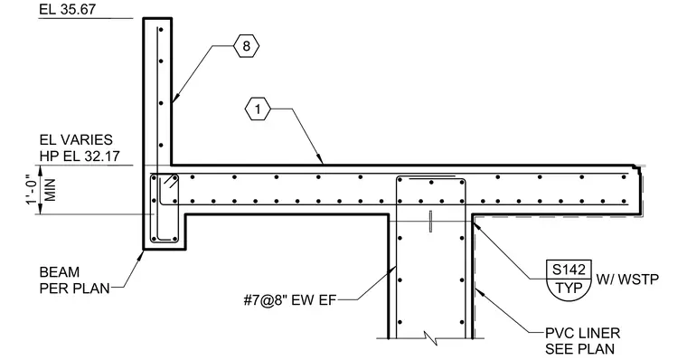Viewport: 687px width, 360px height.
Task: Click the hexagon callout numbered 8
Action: click(x=246, y=45)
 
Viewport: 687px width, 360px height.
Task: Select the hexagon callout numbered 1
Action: click(x=258, y=109)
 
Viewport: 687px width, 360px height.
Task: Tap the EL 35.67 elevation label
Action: click(x=67, y=9)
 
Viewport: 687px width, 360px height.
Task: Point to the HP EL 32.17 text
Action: click(x=80, y=156)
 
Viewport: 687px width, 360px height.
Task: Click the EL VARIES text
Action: click(x=76, y=140)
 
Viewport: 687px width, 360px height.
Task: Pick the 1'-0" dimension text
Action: click(x=33, y=189)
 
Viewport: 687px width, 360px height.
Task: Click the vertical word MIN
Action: click(x=51, y=189)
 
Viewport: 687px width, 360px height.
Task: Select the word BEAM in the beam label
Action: click(x=60, y=272)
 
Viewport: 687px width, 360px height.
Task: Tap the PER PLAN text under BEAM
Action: click(x=74, y=288)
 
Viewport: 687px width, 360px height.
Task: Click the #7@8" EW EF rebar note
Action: click(x=290, y=300)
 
